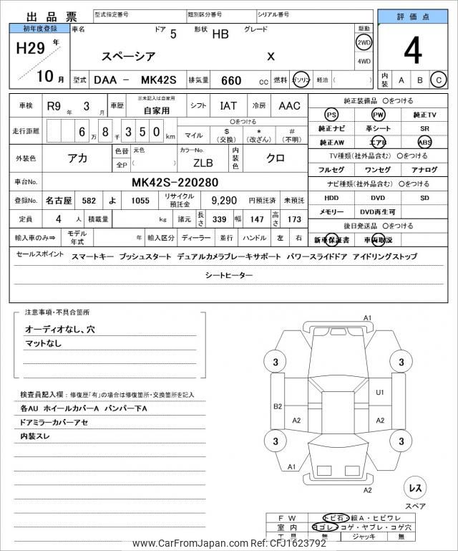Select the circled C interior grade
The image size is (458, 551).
pyautogui.click(x=438, y=80)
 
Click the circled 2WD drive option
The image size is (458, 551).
pyautogui.click(x=364, y=42)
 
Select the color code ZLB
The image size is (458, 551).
pyautogui.click(x=203, y=162)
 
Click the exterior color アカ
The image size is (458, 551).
pyautogui.click(x=77, y=159)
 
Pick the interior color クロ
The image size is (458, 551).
pyautogui.click(x=276, y=159)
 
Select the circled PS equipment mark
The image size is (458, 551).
pyautogui.click(x=331, y=115)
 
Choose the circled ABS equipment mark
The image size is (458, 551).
pyautogui.click(x=424, y=142)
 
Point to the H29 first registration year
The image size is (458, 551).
pyautogui.click(x=31, y=49)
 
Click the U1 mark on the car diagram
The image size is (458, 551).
pyautogui.click(x=379, y=393)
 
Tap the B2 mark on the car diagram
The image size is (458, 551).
pyautogui.click(x=277, y=406)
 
